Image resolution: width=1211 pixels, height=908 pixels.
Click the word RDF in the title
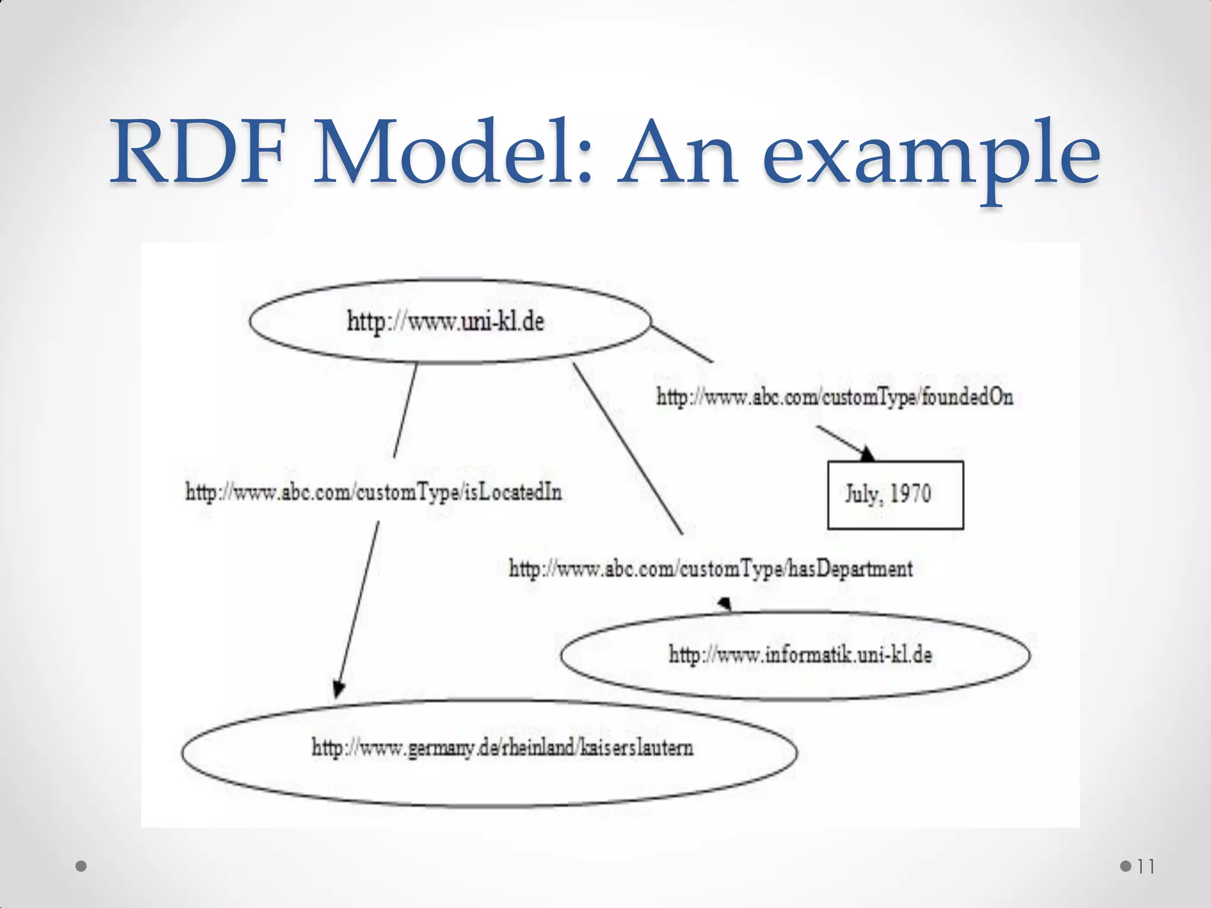198,152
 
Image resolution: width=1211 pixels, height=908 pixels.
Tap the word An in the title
678,152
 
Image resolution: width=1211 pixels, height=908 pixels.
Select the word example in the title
931,160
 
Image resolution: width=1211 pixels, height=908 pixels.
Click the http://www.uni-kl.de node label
445,322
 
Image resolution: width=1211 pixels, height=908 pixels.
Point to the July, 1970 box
895,495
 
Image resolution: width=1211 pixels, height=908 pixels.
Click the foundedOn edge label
834,397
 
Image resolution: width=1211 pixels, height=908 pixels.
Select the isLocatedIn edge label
373,492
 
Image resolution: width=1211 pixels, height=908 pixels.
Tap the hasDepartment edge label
710,569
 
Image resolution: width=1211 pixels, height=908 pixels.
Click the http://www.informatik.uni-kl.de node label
800,655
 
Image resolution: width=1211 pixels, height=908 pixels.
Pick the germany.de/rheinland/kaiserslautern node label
502,748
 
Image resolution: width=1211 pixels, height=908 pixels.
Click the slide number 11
1145,867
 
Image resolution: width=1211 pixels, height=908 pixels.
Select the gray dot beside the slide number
1126,867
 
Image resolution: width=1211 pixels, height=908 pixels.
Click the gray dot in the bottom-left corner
82,867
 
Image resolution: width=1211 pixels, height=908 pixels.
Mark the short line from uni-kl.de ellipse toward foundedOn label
682,343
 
